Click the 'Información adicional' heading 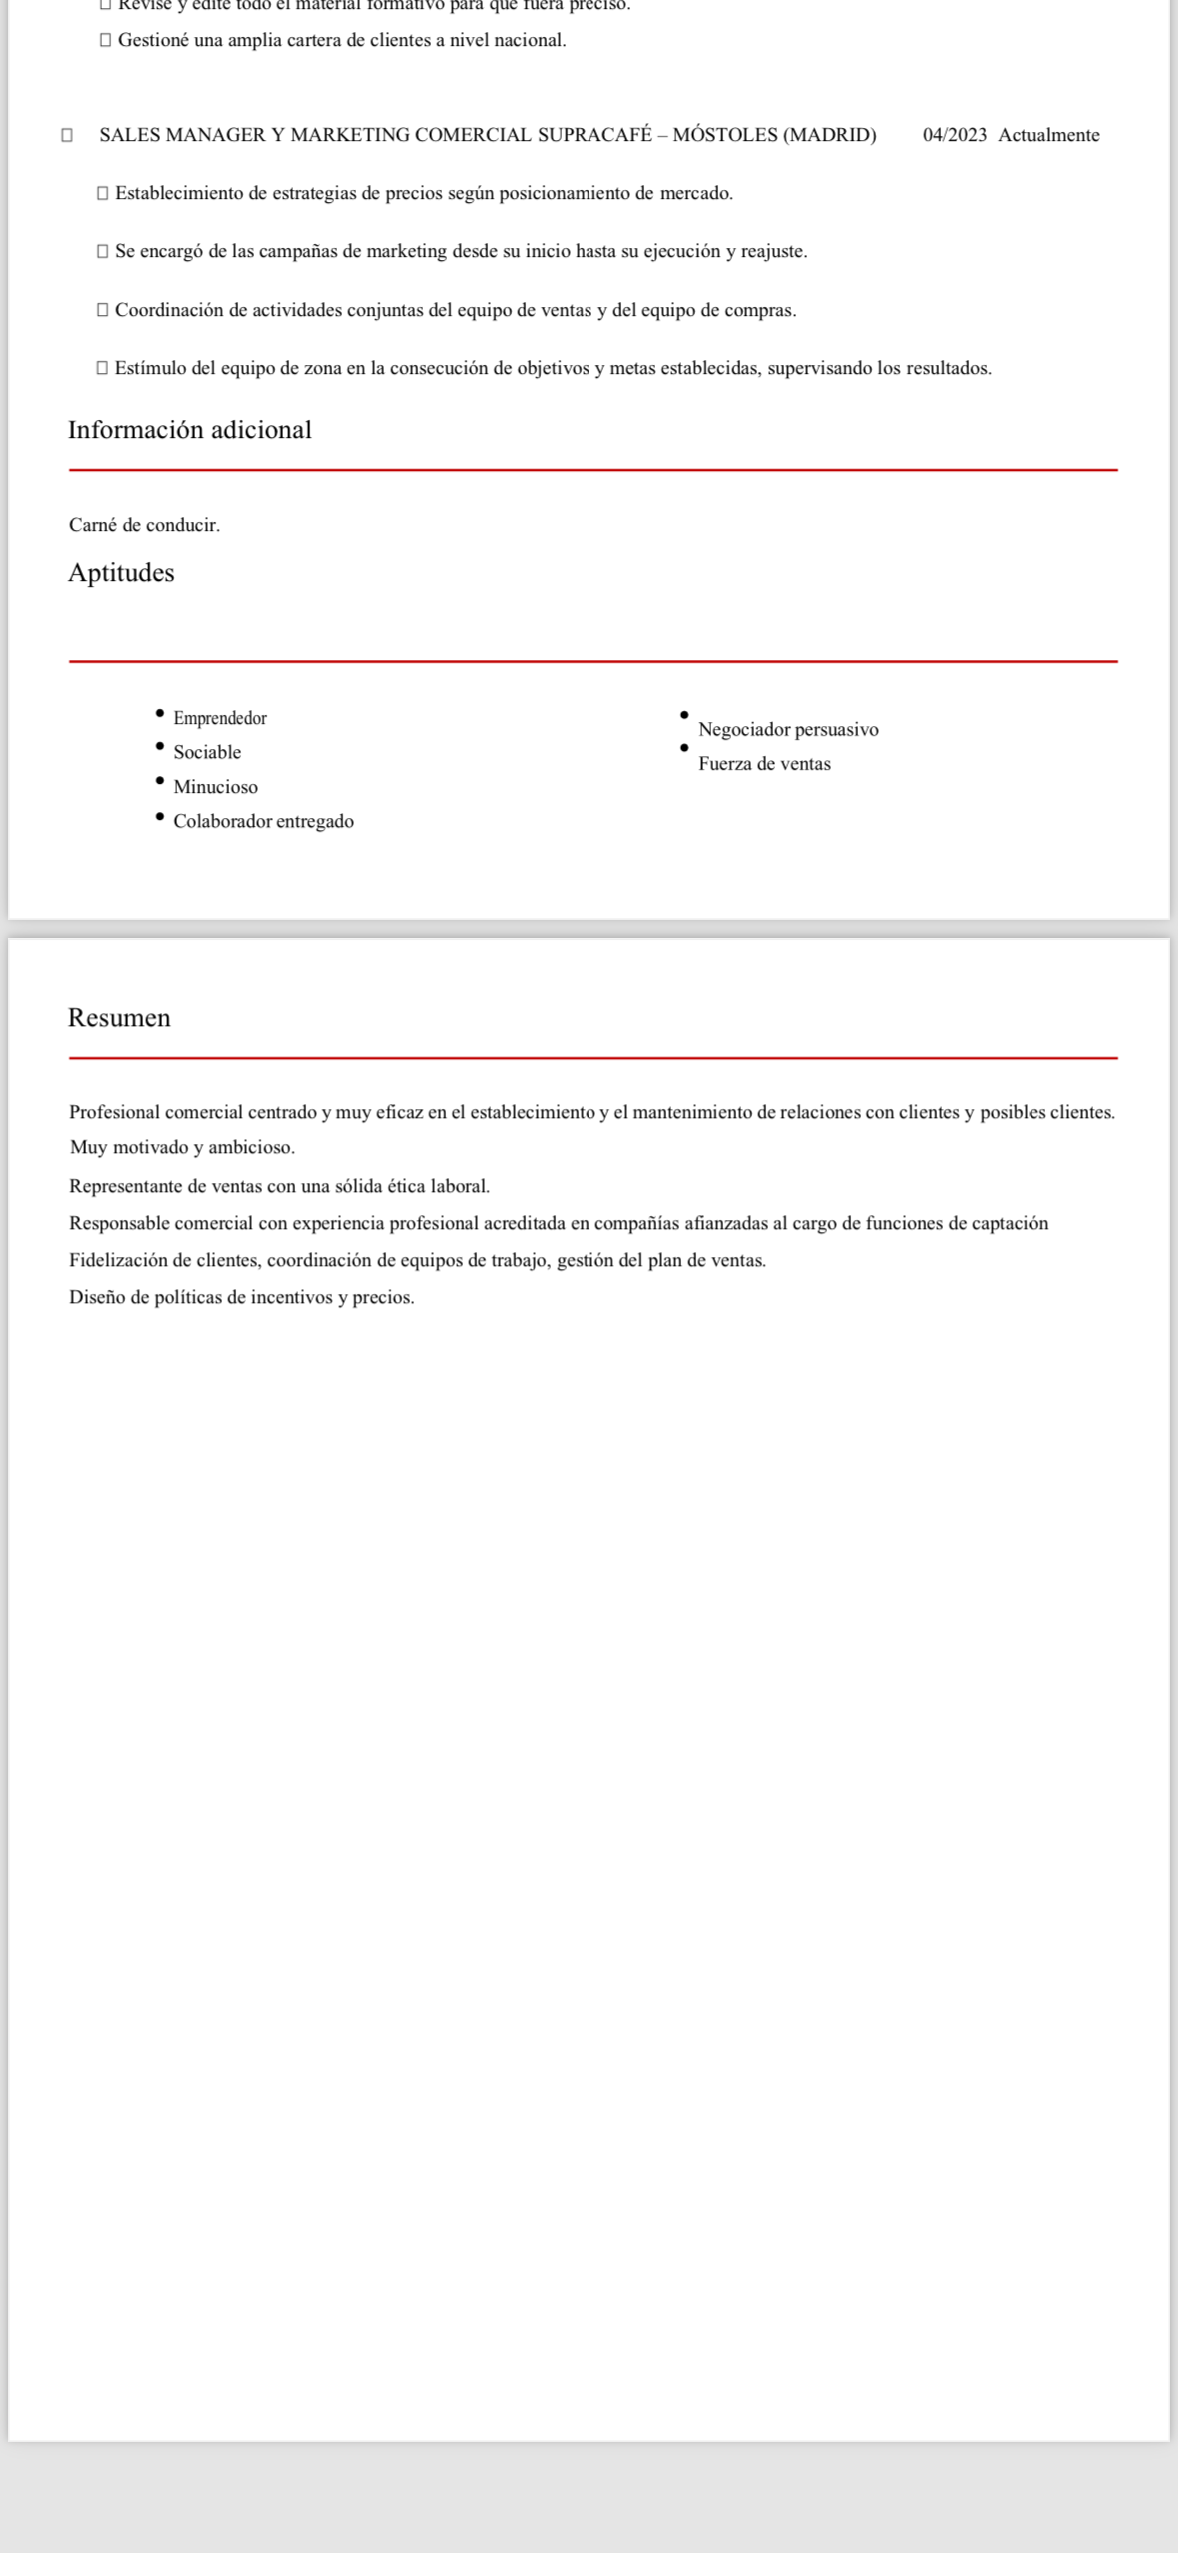(190, 430)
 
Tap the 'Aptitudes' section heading (121, 573)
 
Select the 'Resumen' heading (119, 1018)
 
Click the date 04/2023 (955, 135)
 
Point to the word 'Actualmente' (1049, 135)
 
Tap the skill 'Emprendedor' (220, 718)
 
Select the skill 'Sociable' (207, 752)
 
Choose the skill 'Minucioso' (216, 787)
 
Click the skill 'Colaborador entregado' (264, 821)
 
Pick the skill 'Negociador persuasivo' (788, 729)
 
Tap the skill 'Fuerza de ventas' (764, 764)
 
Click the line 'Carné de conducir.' (144, 525)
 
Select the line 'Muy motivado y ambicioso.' (182, 1148)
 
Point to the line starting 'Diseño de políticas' (241, 1297)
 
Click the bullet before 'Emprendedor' (160, 713)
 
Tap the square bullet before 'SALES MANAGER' (67, 135)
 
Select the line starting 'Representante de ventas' (279, 1186)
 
